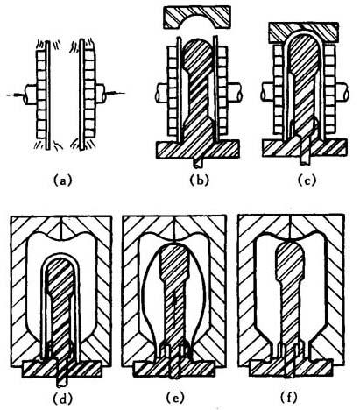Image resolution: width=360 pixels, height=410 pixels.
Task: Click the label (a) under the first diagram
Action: click(62, 180)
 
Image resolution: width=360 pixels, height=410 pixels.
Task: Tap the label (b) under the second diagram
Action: click(200, 180)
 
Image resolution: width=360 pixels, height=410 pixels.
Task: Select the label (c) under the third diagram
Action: click(307, 180)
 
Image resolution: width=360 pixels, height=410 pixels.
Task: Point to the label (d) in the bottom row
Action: click(62, 399)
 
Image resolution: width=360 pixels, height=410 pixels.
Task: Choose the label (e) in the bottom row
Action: click(175, 398)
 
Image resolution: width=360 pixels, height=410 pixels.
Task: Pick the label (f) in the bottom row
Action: click(289, 398)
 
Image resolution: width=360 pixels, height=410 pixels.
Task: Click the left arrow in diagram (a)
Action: click(16, 95)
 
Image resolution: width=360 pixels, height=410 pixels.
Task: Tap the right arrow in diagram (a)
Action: click(116, 93)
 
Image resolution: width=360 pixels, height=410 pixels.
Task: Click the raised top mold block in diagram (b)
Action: click(197, 18)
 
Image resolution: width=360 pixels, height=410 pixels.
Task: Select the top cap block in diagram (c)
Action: click(304, 32)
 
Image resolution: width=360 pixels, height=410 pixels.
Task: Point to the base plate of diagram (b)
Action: click(198, 149)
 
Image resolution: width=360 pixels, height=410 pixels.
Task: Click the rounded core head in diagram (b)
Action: click(199, 54)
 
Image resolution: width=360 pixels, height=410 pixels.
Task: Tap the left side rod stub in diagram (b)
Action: click(161, 93)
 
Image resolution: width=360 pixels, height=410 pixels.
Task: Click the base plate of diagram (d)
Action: click(62, 369)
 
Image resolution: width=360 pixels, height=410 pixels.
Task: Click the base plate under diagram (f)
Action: click(291, 368)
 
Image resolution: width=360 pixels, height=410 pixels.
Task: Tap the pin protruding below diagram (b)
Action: click(197, 163)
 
